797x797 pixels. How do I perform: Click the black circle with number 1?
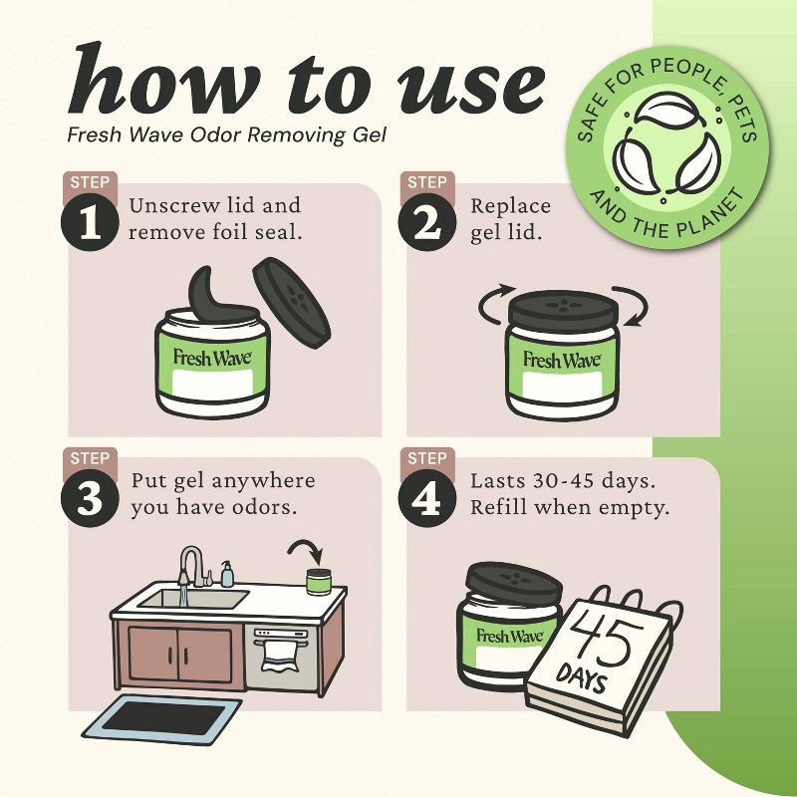[x=90, y=222]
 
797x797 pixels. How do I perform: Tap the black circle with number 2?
[x=427, y=222]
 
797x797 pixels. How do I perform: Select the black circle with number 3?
[x=90, y=498]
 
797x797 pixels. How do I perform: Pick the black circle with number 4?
[x=427, y=498]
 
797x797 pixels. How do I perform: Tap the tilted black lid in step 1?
[x=292, y=303]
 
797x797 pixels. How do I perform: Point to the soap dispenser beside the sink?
[x=227, y=574]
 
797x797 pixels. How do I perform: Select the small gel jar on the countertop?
[x=319, y=582]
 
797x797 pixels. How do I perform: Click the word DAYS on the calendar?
[x=581, y=677]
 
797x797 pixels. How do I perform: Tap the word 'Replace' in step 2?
[x=510, y=206]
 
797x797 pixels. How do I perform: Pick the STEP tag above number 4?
[x=427, y=458]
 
